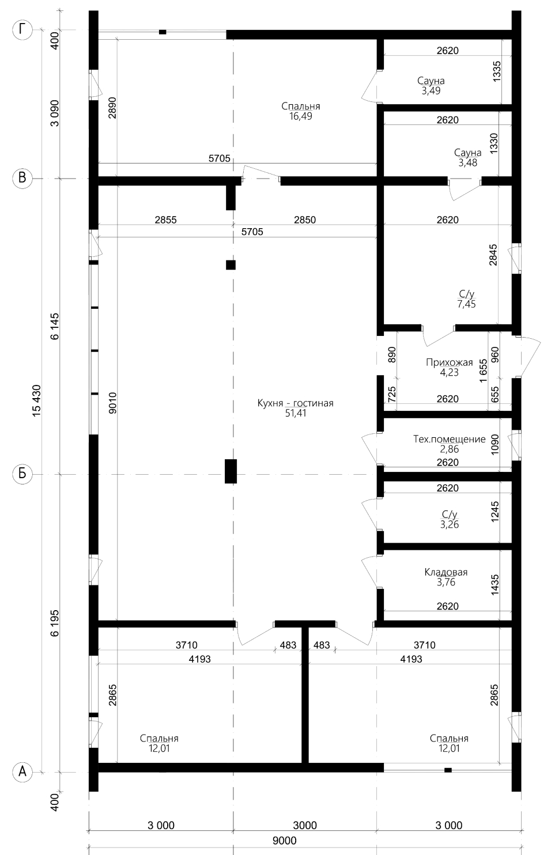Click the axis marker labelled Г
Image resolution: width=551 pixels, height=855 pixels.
coord(22,30)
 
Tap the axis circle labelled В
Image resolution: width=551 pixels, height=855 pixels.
coord(22,178)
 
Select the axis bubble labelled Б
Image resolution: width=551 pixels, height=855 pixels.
coord(22,474)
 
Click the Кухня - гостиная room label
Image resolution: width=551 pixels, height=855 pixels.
coord(295,403)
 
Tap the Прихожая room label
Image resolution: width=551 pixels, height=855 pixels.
coord(449,362)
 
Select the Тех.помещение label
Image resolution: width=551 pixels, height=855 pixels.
coord(449,439)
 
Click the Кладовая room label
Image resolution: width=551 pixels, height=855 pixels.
coord(446,572)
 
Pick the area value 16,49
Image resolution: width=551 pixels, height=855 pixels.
coord(300,116)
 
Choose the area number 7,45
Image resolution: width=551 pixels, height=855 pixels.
coord(466,304)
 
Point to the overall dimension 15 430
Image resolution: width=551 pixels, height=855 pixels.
coord(37,400)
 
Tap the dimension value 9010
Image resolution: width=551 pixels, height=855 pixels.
coord(112,403)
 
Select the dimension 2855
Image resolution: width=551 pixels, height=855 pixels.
coord(166,220)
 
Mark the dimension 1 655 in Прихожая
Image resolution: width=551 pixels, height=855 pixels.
coord(484,370)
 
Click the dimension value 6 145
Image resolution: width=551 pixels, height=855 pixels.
coord(55,326)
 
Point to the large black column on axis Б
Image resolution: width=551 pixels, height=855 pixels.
coord(231,471)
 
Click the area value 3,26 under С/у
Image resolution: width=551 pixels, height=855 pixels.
coord(449,524)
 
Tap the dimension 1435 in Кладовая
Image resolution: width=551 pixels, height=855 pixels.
coord(495,585)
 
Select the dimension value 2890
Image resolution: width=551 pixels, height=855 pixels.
coord(112,108)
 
